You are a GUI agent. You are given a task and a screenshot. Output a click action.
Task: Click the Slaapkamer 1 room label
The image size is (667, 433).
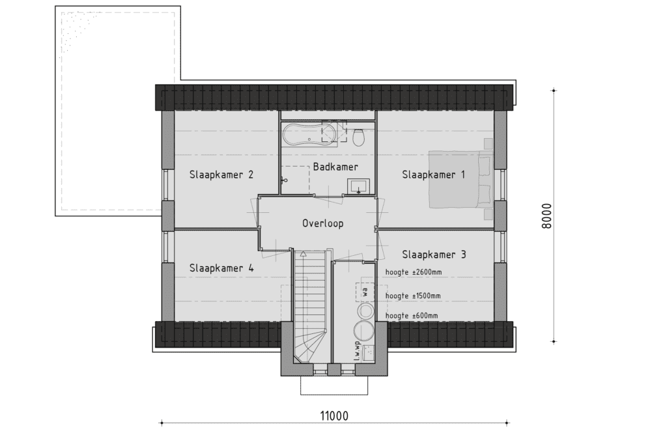(433, 175)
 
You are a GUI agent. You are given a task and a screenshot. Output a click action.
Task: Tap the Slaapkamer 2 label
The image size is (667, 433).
(221, 175)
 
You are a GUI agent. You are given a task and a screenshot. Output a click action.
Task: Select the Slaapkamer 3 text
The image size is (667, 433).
(434, 255)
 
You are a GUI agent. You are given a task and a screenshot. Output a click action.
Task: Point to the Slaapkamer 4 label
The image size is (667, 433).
(221, 268)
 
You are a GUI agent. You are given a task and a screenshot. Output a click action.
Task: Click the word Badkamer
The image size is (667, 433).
(335, 167)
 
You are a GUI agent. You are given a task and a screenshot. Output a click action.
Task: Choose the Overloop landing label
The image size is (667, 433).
(323, 223)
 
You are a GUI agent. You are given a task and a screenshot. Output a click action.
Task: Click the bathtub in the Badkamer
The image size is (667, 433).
(309, 135)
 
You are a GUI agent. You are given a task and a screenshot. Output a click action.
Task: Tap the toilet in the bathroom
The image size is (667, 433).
(359, 137)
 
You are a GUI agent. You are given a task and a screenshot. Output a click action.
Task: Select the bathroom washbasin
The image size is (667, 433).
(359, 186)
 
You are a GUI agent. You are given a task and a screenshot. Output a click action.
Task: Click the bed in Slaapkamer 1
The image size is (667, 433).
(461, 179)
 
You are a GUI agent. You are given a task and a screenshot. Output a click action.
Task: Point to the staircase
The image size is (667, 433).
(310, 306)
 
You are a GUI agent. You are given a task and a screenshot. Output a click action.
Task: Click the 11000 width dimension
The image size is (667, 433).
(334, 415)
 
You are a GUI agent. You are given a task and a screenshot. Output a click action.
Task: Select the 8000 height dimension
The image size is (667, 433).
(546, 216)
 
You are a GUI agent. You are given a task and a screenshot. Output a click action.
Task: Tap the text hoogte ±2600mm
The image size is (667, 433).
(413, 272)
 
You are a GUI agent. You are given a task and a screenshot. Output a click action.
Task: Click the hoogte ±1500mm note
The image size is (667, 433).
(412, 296)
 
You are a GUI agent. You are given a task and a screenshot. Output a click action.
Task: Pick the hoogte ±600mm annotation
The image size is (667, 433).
(412, 316)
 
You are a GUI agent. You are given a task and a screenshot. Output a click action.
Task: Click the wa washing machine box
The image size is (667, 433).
(365, 292)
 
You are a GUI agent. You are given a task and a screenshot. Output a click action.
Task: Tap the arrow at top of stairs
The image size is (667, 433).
(303, 255)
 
